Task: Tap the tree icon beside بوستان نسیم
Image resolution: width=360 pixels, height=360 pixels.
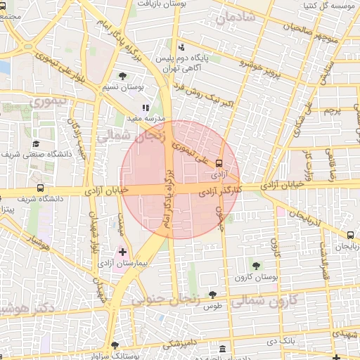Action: coord(123,75)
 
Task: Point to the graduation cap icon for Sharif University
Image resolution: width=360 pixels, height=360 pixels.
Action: coord(36,143)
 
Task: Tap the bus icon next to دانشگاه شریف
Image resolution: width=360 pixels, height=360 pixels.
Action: coord(41,188)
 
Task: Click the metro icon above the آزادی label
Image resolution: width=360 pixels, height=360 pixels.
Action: coord(219,162)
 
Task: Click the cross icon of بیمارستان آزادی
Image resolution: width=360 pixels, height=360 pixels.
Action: coord(123,251)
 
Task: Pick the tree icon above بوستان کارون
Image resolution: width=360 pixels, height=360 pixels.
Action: coord(256,266)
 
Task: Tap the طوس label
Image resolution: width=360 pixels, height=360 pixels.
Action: coord(213,307)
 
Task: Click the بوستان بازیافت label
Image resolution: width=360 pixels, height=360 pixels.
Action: coord(163,4)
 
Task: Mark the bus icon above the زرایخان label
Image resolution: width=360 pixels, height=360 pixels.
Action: coord(350,235)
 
